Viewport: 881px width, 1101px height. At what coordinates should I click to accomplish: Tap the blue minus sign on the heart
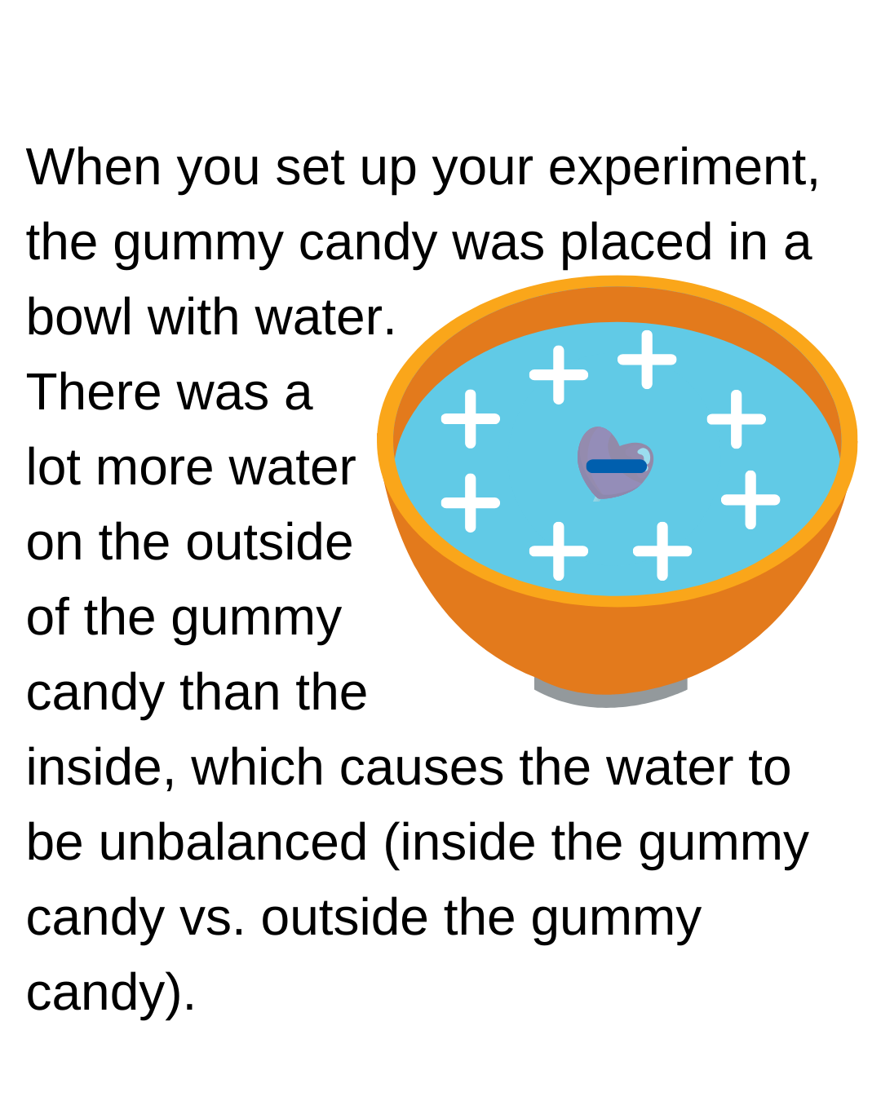617,466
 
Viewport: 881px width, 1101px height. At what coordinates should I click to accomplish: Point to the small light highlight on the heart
644,453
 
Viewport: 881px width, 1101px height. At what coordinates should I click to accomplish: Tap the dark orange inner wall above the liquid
617,303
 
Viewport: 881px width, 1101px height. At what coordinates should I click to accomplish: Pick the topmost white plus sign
647,360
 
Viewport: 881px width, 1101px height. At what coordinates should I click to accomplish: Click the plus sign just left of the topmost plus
559,375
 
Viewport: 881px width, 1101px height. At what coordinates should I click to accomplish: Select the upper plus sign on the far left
471,419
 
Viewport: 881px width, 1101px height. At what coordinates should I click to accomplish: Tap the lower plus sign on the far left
471,503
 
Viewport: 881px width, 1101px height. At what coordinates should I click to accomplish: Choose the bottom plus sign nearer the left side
559,551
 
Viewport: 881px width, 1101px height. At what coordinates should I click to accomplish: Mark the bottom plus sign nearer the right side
662,551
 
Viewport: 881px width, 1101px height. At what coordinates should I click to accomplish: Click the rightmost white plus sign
750,500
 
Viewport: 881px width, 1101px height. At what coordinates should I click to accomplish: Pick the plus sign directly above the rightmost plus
737,419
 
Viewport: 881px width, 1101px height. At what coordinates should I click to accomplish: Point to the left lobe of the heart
598,445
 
